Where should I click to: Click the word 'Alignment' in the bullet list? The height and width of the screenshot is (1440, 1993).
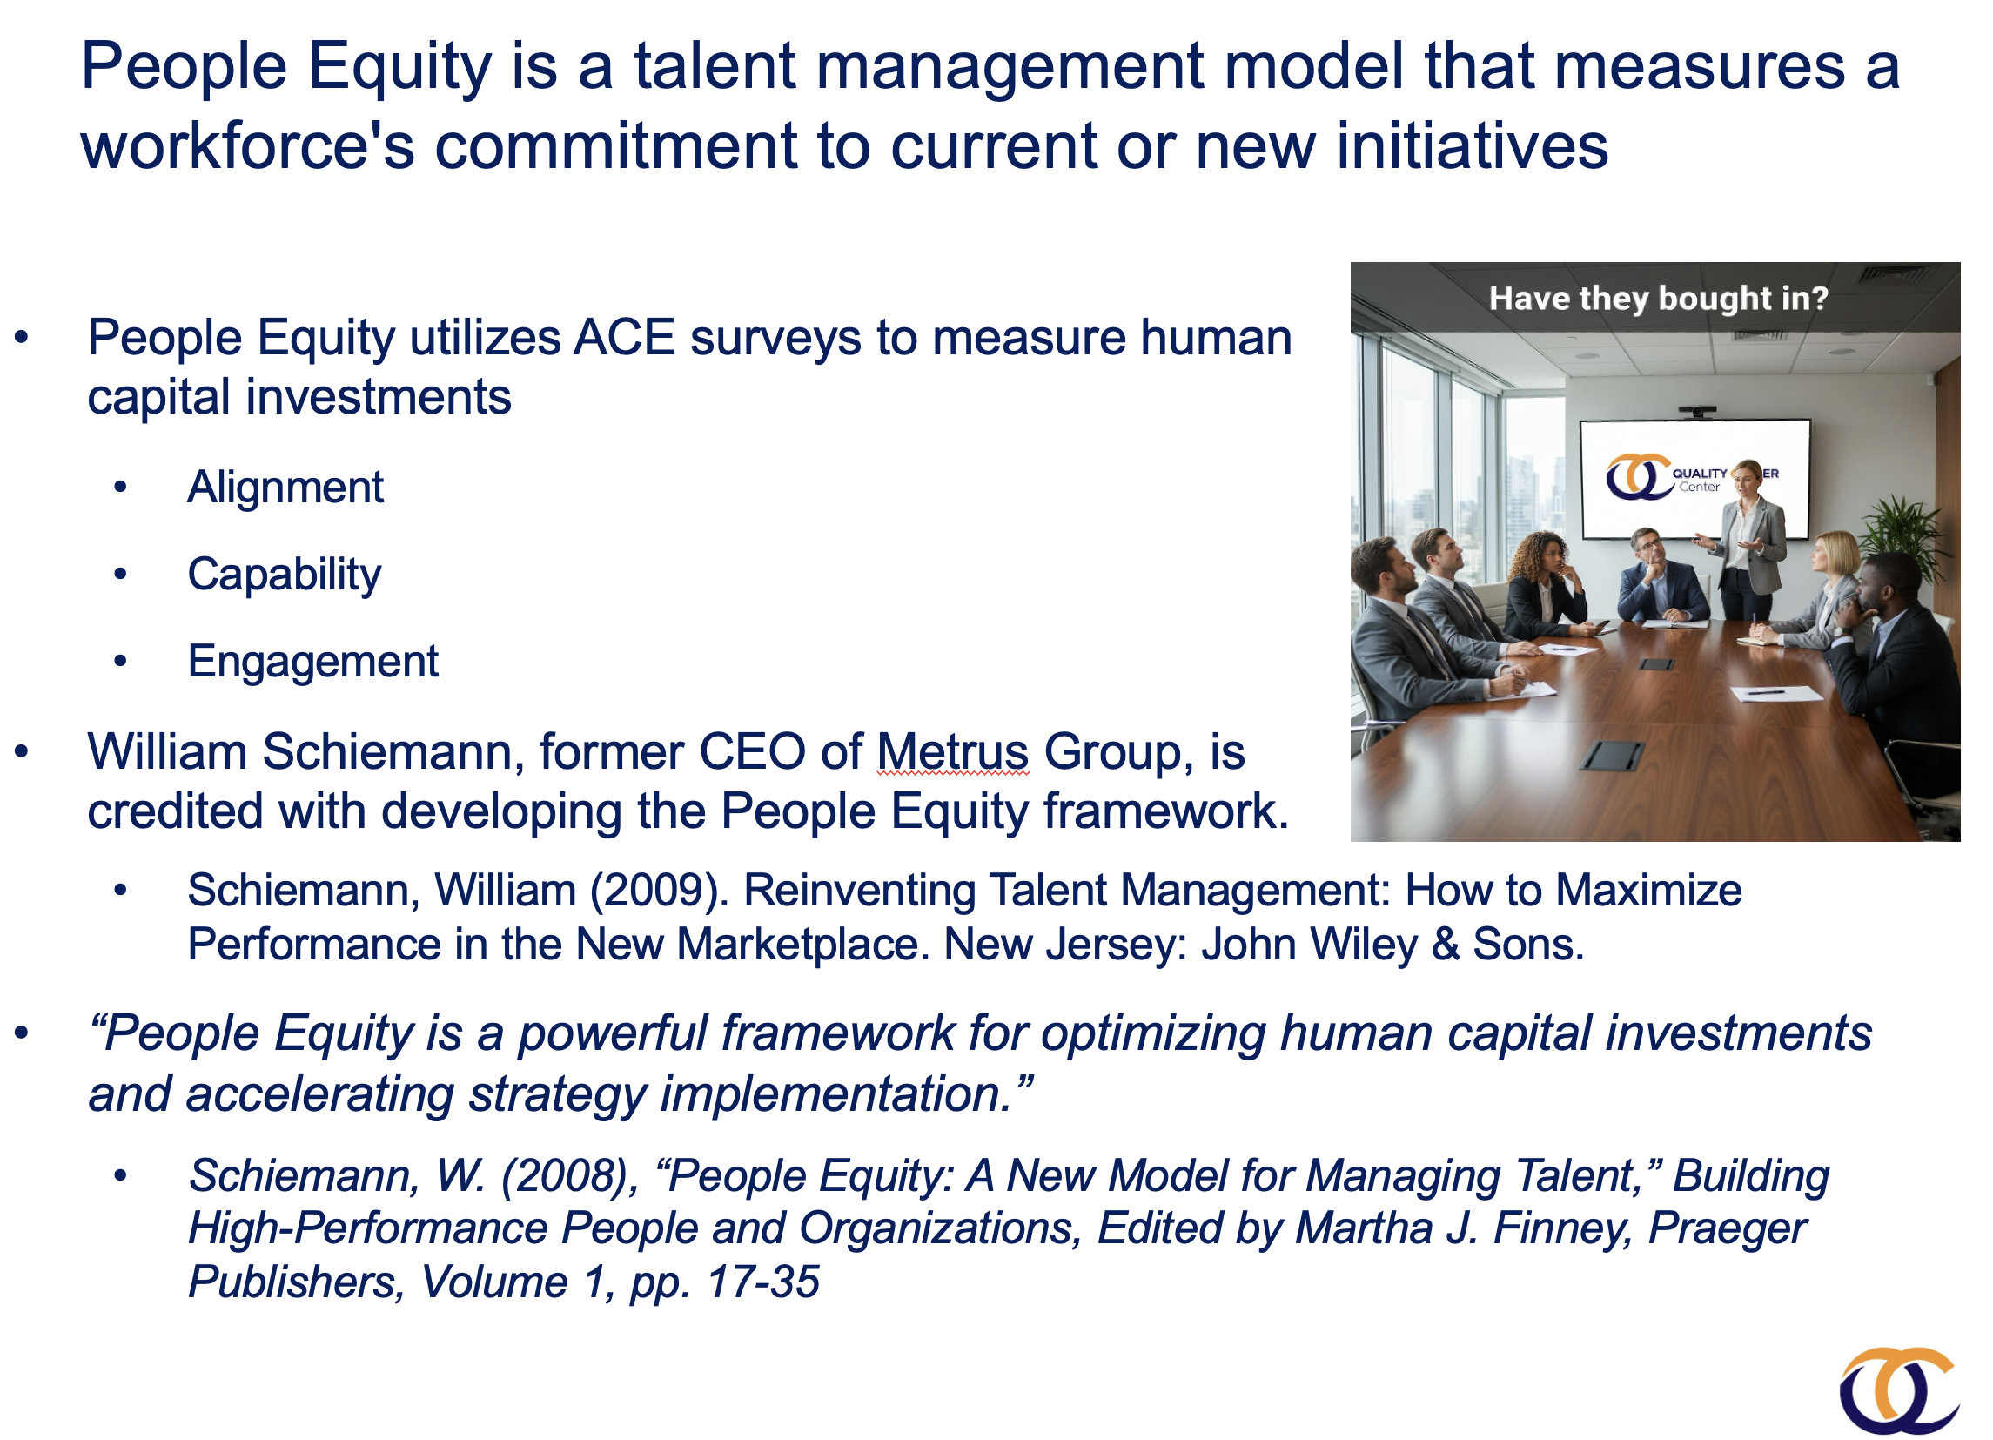coord(285,488)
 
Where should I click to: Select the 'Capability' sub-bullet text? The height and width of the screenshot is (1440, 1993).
coord(285,575)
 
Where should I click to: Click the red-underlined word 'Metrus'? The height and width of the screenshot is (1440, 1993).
coord(953,753)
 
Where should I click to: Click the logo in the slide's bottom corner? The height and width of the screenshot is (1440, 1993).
coord(1898,1390)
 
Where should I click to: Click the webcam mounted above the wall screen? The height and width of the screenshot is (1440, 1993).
coord(1698,412)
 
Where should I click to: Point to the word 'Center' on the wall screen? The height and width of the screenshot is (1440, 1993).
coord(1700,488)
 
